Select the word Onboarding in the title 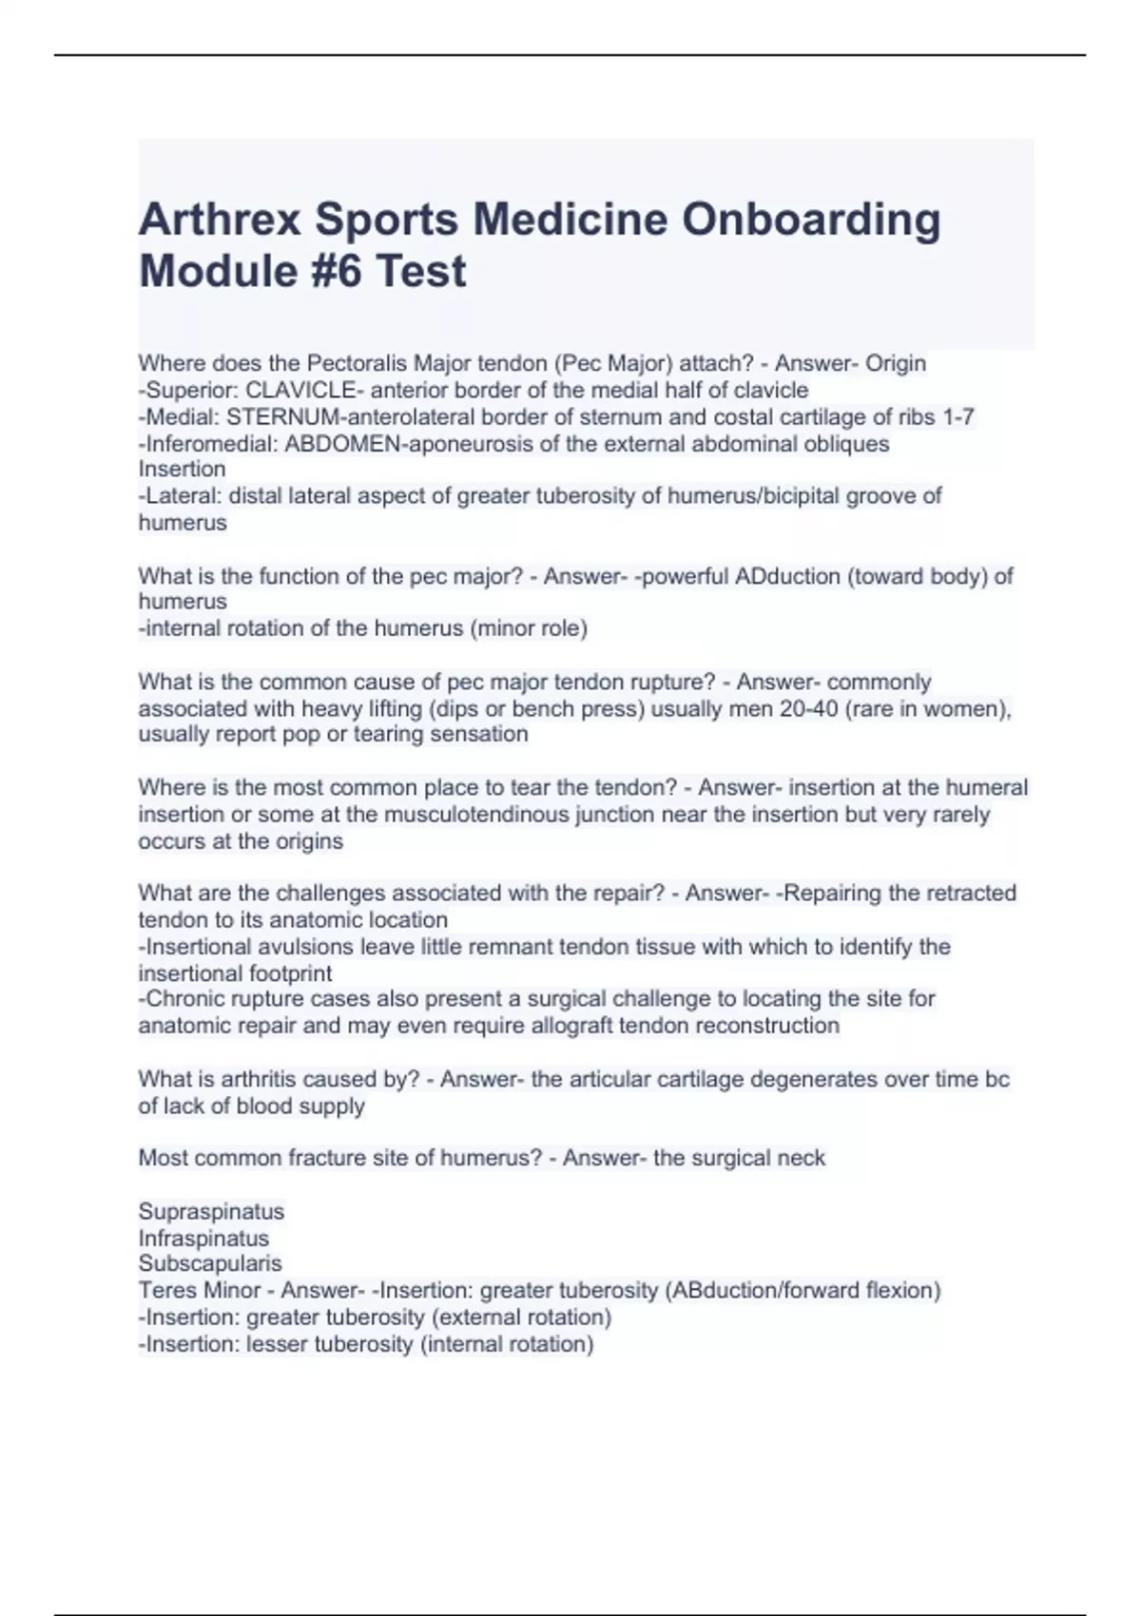click(x=811, y=220)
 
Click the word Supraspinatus click(x=211, y=1211)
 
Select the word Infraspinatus click(x=203, y=1238)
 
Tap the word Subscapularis click(x=210, y=1263)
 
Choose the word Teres click(x=167, y=1290)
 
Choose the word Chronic click(x=186, y=999)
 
